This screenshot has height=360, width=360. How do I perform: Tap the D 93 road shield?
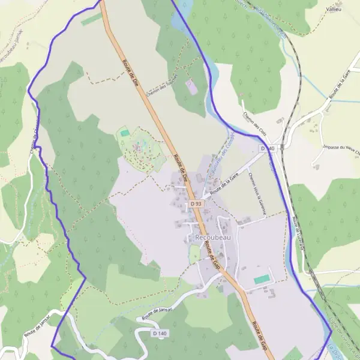pos(196,204)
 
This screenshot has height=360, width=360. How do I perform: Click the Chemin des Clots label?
pos(254,124)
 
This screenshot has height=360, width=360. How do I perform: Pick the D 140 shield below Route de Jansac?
pos(160,332)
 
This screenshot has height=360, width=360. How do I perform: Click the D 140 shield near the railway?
pos(268,148)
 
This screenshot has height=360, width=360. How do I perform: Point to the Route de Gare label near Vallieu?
pos(338,91)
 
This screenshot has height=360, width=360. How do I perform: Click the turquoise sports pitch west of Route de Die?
pos(125,133)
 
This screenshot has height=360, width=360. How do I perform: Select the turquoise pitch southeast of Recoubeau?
pos(262,280)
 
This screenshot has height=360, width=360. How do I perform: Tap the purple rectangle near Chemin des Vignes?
pos(191,87)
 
